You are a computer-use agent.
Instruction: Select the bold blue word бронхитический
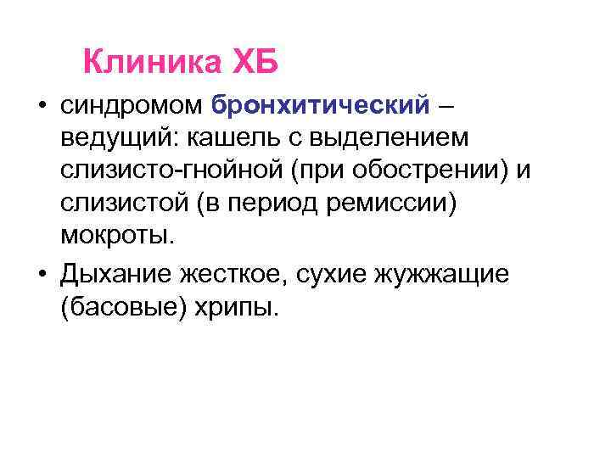click(322, 108)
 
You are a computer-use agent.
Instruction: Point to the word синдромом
click(130, 108)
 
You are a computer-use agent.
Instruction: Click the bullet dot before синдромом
click(40, 109)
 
